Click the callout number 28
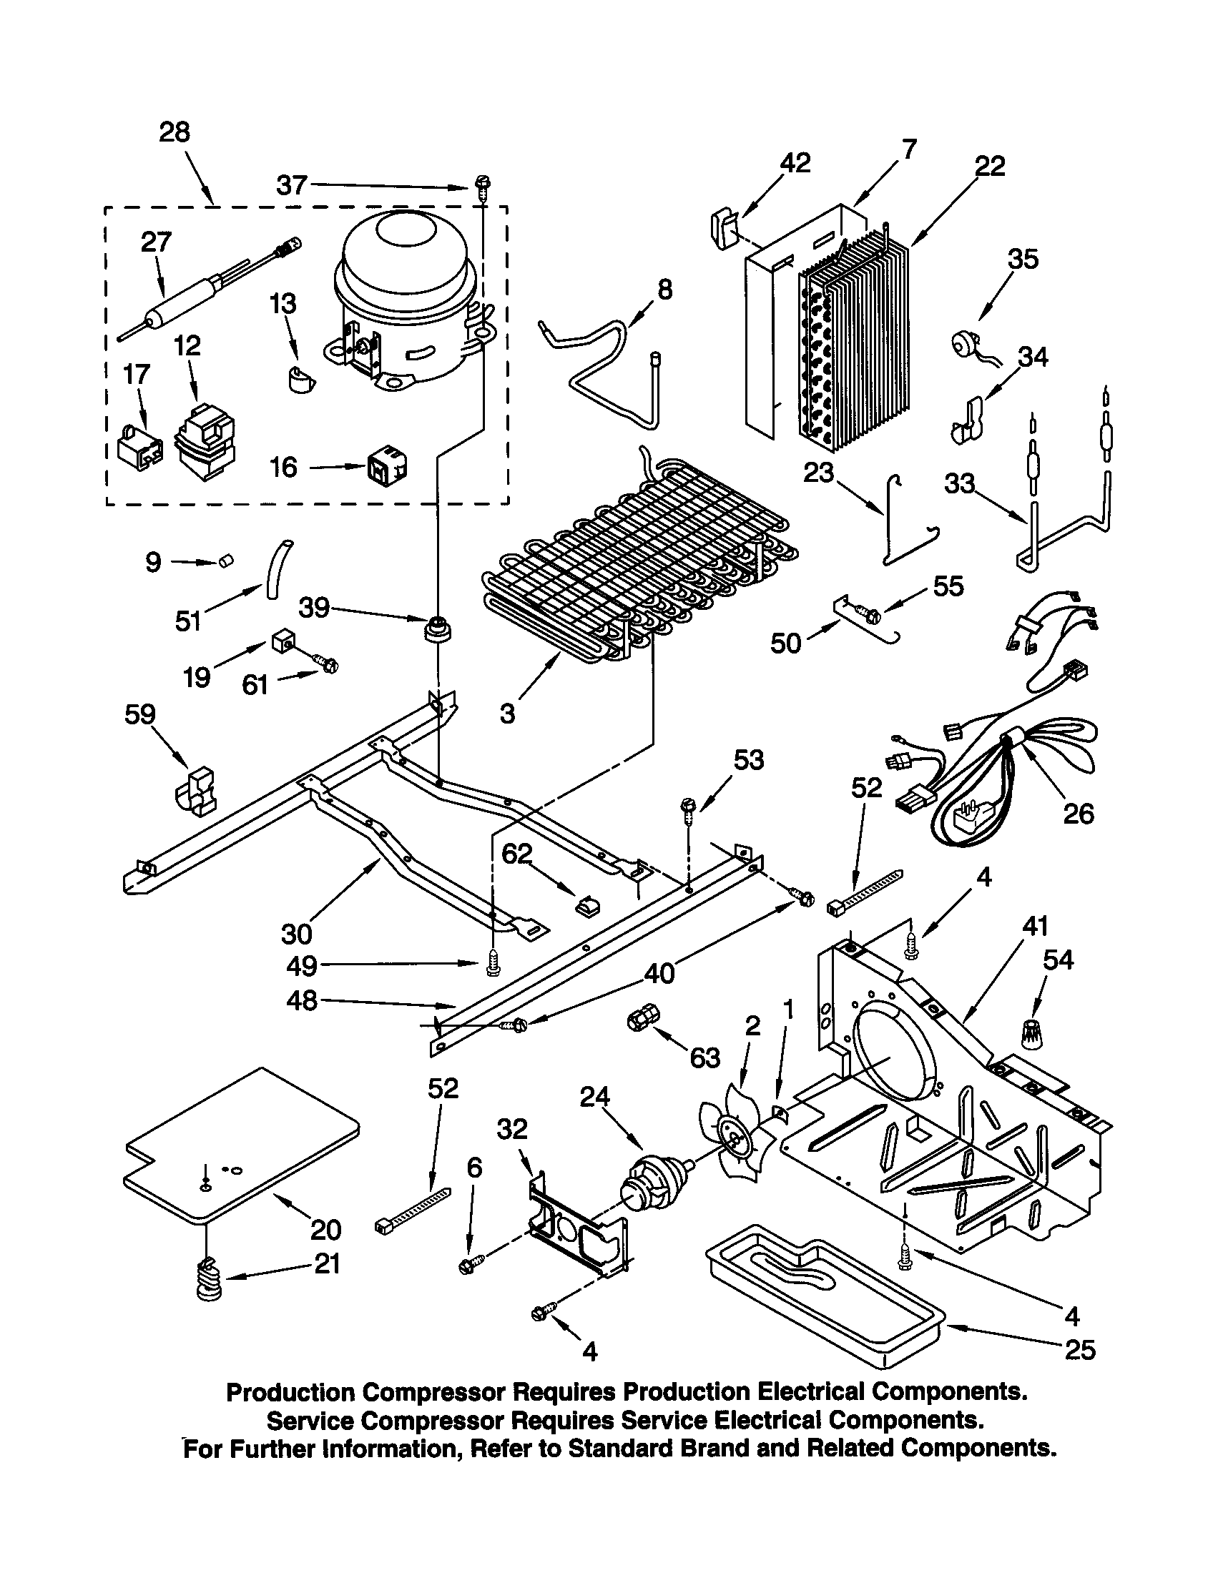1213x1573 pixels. [175, 132]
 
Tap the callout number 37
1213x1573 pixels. [293, 186]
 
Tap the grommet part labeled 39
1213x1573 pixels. [438, 628]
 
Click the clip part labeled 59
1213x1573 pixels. [195, 793]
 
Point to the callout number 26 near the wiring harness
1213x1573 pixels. [1078, 814]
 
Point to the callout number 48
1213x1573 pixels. [301, 1000]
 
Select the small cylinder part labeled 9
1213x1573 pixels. [226, 560]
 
